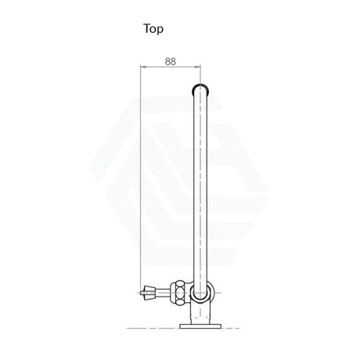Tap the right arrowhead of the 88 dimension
199,68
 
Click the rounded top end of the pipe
200,87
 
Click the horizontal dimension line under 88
171,68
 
